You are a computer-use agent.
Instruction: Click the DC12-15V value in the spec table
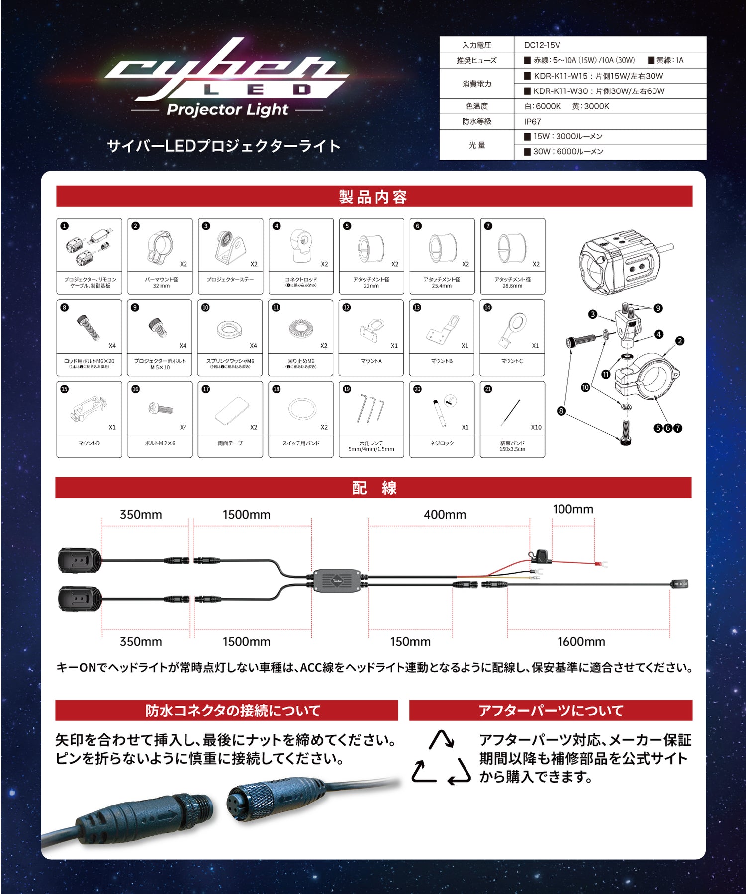point(542,45)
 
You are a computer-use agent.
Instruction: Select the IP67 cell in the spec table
point(532,122)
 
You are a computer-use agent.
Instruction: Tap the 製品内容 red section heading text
point(373,197)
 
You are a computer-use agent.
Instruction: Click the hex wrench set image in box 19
point(371,408)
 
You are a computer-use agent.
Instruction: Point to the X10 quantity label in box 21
point(536,427)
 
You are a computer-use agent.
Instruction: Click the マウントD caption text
point(89,443)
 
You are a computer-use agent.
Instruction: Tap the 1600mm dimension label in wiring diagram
point(581,642)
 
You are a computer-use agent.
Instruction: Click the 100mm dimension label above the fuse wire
point(573,509)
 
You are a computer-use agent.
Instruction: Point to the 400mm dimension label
point(445,515)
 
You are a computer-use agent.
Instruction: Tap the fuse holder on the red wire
point(539,556)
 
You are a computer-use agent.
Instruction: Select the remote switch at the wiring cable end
point(679,584)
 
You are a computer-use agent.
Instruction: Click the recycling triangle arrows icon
point(441,758)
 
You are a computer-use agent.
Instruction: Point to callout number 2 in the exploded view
point(679,341)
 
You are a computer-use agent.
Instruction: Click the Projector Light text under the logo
point(227,110)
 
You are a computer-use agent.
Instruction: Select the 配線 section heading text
point(373,488)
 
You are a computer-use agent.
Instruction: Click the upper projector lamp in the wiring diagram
point(80,560)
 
